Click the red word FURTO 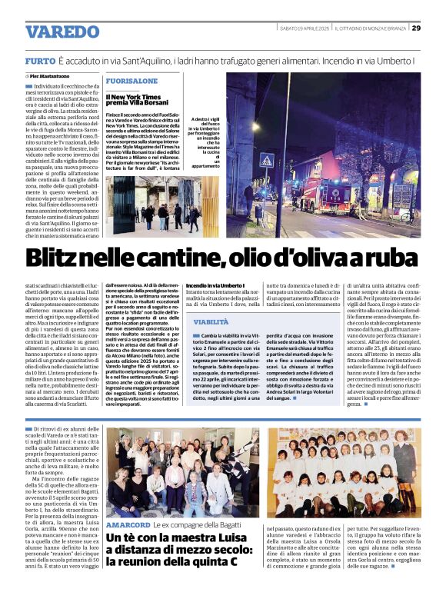click(39, 60)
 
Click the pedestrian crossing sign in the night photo click(267, 162)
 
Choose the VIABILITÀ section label click(211, 323)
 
